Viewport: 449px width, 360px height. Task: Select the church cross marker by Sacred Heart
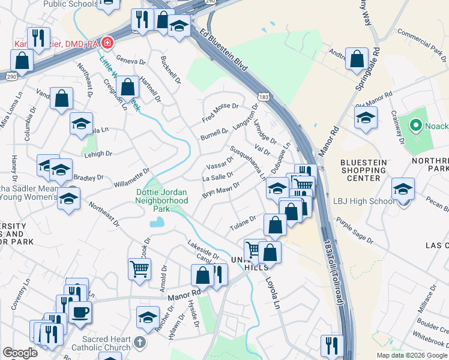(139, 343)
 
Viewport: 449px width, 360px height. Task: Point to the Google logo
(20, 352)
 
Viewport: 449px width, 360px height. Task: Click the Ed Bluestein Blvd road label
(224, 50)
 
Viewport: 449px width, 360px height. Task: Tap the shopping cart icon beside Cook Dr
(140, 269)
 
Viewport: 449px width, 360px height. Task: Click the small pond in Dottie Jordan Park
(157, 223)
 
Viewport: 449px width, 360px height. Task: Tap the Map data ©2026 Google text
(411, 355)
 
